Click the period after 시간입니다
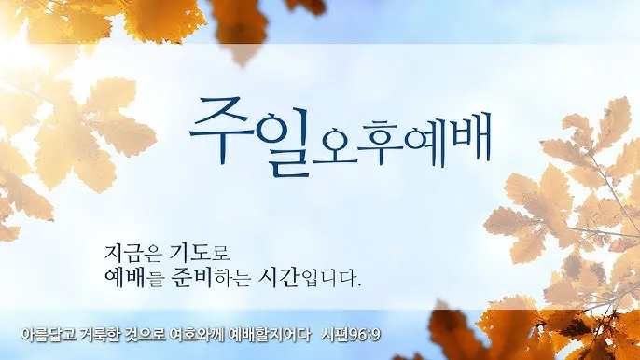tap(359, 284)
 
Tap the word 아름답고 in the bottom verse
tap(46, 334)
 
